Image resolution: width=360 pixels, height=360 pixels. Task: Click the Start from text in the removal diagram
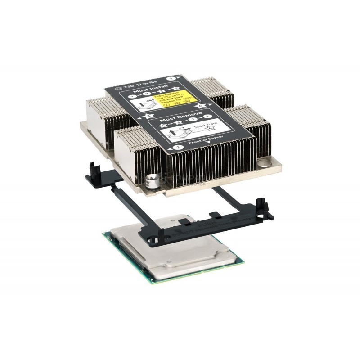(200, 124)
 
